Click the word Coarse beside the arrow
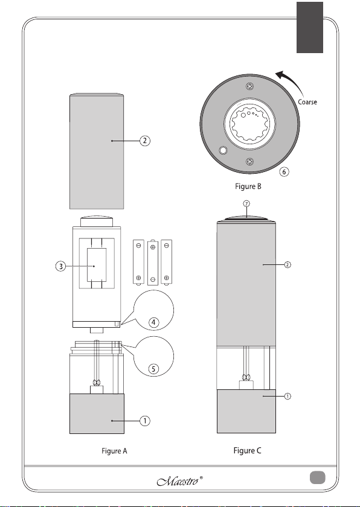tap(307, 102)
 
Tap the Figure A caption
tap(115, 451)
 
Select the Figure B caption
tap(248, 187)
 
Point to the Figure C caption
tap(248, 450)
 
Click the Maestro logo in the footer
tap(180, 481)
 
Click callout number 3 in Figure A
tap(60, 266)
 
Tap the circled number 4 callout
tap(153, 322)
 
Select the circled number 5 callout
tap(153, 369)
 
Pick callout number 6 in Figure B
tap(284, 171)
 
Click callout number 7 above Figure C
tap(246, 204)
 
